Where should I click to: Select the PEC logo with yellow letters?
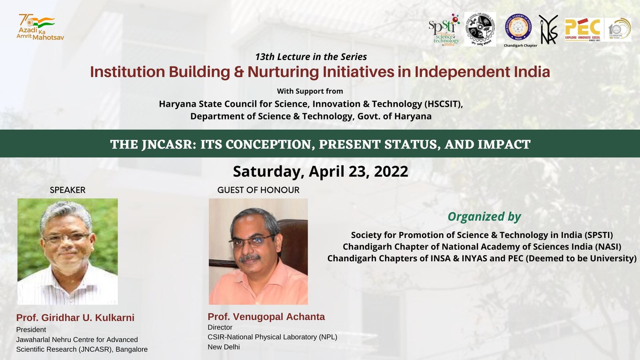click(583, 30)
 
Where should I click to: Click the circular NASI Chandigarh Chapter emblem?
click(518, 28)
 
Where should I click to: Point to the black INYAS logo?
click(548, 30)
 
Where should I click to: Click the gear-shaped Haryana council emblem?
click(480, 29)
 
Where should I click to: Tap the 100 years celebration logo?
click(618, 30)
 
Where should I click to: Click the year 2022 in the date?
click(391, 172)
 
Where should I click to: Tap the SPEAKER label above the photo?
click(68, 190)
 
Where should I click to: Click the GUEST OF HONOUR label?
click(258, 190)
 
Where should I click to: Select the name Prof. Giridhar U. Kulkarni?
click(75, 318)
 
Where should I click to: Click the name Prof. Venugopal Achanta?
click(266, 317)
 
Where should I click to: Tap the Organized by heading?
click(484, 217)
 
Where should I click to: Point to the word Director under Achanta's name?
click(220, 327)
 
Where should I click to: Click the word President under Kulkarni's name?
click(31, 330)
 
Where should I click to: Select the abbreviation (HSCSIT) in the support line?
click(443, 104)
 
